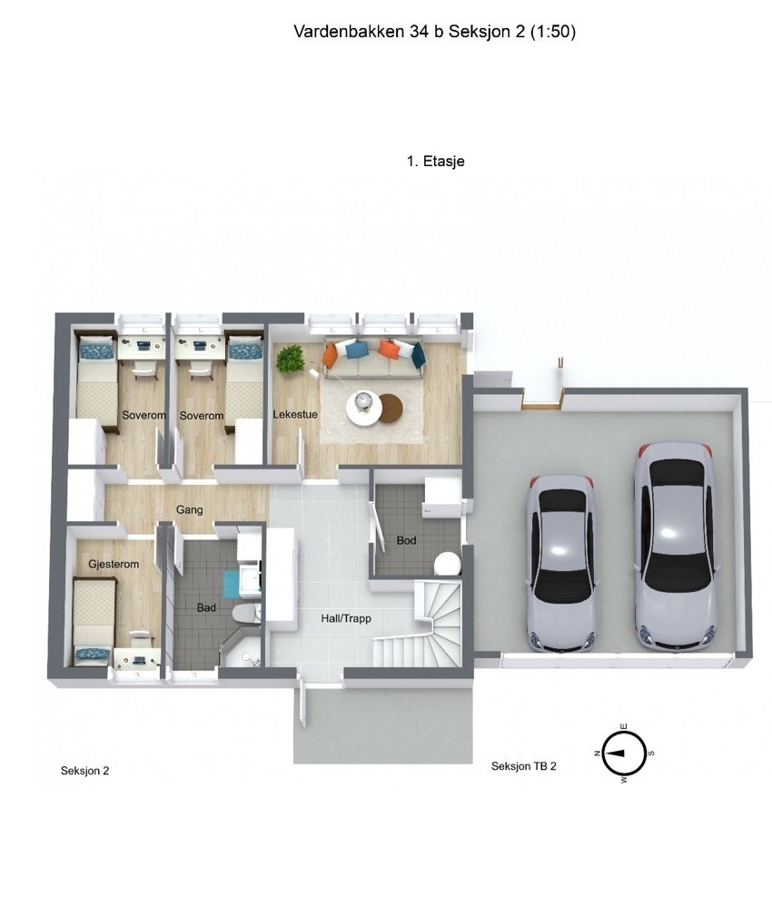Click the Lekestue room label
[295, 415]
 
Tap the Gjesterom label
[114, 565]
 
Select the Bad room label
[206, 607]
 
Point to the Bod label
[406, 541]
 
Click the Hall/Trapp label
[346, 619]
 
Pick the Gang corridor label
[189, 510]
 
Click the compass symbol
[624, 753]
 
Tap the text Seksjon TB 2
[523, 766]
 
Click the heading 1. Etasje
[436, 162]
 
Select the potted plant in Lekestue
[291, 358]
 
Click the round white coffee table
[364, 406]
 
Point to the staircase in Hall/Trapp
[422, 626]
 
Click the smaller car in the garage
[561, 563]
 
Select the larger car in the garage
[675, 545]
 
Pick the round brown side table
[392, 408]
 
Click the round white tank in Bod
[447, 564]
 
